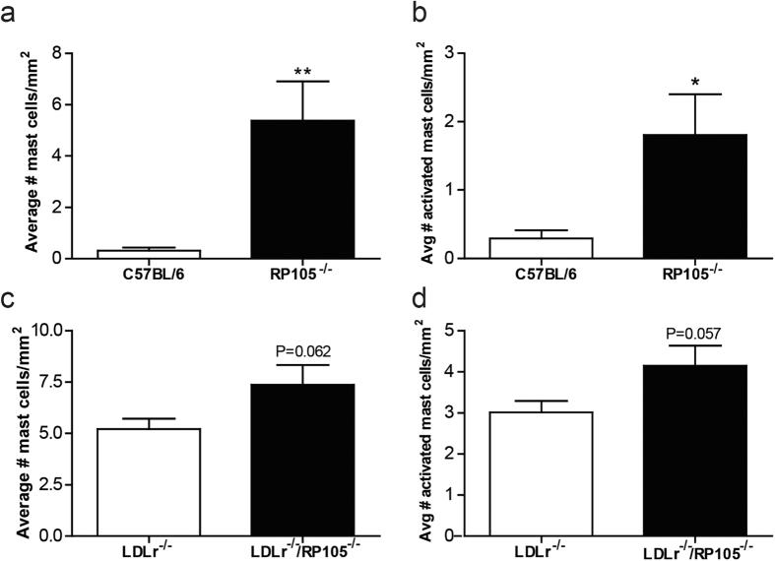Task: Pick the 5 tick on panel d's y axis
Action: (x=461, y=331)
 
